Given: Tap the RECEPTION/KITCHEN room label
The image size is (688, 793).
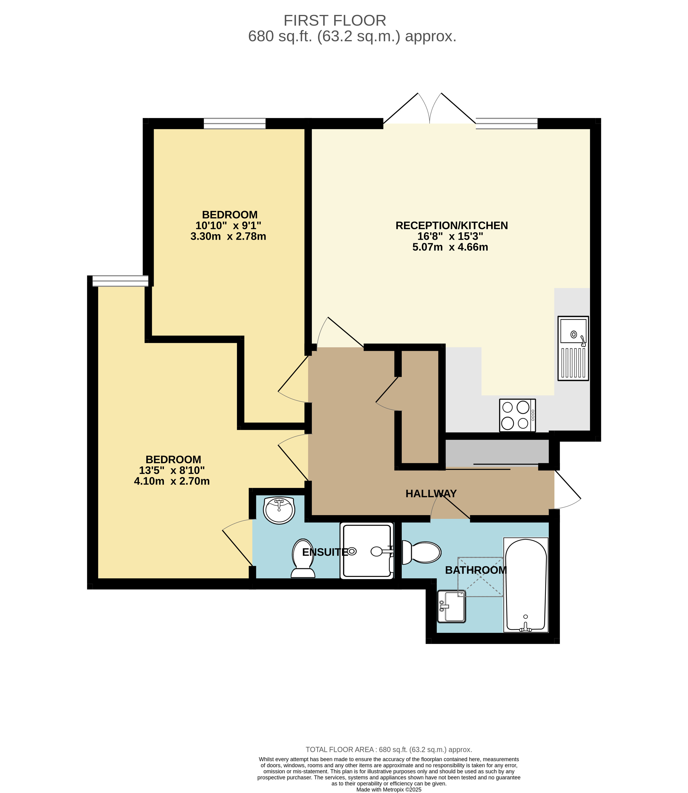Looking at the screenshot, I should [x=452, y=226].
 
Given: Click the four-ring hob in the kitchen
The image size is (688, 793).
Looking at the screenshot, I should [x=517, y=416].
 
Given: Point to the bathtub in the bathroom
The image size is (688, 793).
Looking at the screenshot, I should [x=526, y=585].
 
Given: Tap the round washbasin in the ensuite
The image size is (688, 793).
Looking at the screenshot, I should [x=279, y=510].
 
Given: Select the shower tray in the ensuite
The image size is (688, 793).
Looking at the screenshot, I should [x=367, y=550].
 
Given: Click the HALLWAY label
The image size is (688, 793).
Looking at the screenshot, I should [x=431, y=494].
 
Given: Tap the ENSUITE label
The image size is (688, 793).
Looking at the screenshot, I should [x=325, y=552].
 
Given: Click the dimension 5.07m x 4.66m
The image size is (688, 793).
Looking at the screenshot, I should [x=450, y=247].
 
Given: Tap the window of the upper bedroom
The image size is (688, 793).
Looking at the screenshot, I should [x=234, y=123].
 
